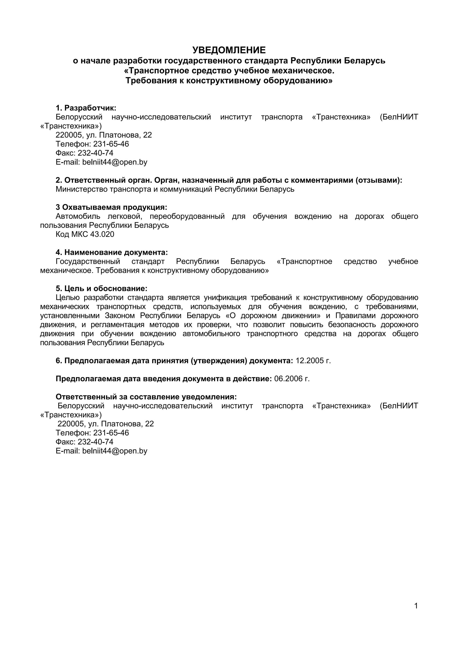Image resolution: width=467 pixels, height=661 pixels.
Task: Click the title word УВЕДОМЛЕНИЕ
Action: pyautogui.click(x=229, y=50)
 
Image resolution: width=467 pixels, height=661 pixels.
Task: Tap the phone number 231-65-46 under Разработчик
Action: pyautogui.click(x=111, y=144)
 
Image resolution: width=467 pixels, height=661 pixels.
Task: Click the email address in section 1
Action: pyautogui.click(x=114, y=162)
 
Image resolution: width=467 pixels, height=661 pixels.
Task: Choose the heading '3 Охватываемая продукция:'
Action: pyautogui.click(x=111, y=207)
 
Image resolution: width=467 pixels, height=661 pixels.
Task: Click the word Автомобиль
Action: pyautogui.click(x=78, y=216)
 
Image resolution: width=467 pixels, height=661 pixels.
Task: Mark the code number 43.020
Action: pyautogui.click(x=102, y=234)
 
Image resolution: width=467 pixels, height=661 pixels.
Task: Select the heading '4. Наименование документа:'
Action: pyautogui.click(x=112, y=252)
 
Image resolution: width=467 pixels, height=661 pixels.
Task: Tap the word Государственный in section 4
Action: pyautogui.click(x=88, y=261)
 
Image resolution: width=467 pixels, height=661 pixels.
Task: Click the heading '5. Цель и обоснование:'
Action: pyautogui.click(x=101, y=289)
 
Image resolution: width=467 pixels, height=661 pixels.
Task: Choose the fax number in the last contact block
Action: pyautogui.click(x=96, y=442)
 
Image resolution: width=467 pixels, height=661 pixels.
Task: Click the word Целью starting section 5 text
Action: pyautogui.click(x=66, y=297)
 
